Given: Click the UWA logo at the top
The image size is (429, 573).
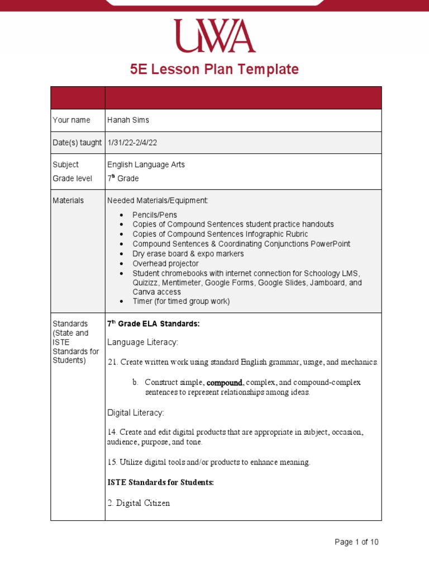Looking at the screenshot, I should click(x=214, y=36).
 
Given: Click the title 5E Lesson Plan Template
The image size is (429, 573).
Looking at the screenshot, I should click(x=214, y=69).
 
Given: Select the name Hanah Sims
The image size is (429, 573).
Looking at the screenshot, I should click(x=128, y=120).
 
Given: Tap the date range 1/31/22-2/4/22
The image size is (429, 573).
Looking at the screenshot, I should click(x=132, y=143).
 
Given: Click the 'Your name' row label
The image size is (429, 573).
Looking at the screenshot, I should click(x=71, y=120).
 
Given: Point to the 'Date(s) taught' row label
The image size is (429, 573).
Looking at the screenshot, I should click(x=77, y=143).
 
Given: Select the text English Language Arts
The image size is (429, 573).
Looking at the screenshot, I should click(x=146, y=165).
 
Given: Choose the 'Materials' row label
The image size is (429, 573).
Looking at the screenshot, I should click(x=68, y=200).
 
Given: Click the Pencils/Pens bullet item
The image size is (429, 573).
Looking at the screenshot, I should click(x=155, y=215).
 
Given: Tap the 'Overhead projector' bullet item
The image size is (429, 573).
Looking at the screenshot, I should click(x=165, y=264).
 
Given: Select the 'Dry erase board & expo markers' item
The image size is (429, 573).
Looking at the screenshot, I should click(x=188, y=253).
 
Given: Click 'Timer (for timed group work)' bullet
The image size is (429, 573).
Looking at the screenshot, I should click(x=181, y=301).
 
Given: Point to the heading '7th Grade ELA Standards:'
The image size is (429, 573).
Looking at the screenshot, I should click(x=153, y=324).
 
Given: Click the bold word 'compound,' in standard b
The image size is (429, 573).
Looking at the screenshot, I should click(x=225, y=383).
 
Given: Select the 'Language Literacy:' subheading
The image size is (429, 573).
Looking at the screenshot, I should click(x=142, y=342).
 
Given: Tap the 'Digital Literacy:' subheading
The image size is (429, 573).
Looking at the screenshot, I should click(x=136, y=413).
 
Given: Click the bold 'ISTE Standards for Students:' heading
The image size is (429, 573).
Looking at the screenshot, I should click(x=160, y=482).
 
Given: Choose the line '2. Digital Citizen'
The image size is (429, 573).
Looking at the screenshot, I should click(x=139, y=503).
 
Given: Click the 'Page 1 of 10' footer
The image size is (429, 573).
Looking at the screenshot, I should click(x=356, y=542).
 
